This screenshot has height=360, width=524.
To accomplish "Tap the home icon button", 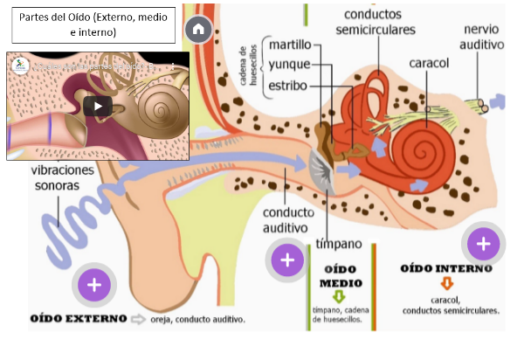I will pos(198,29).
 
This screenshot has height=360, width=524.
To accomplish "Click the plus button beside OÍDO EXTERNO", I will pos(95,285).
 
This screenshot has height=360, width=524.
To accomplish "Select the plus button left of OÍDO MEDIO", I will pos(286,260).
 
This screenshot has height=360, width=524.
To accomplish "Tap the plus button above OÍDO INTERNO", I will pos(481,243).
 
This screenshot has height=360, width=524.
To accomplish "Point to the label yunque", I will pos(289,65).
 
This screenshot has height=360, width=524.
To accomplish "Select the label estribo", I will pos(288,85).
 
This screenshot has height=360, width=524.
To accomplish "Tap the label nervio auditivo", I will pos(483,36).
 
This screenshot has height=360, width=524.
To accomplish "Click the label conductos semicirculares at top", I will pos(378,22).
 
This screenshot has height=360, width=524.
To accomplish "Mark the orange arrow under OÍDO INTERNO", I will pos(447,283).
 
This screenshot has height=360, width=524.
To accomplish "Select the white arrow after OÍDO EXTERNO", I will pos(138,319).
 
